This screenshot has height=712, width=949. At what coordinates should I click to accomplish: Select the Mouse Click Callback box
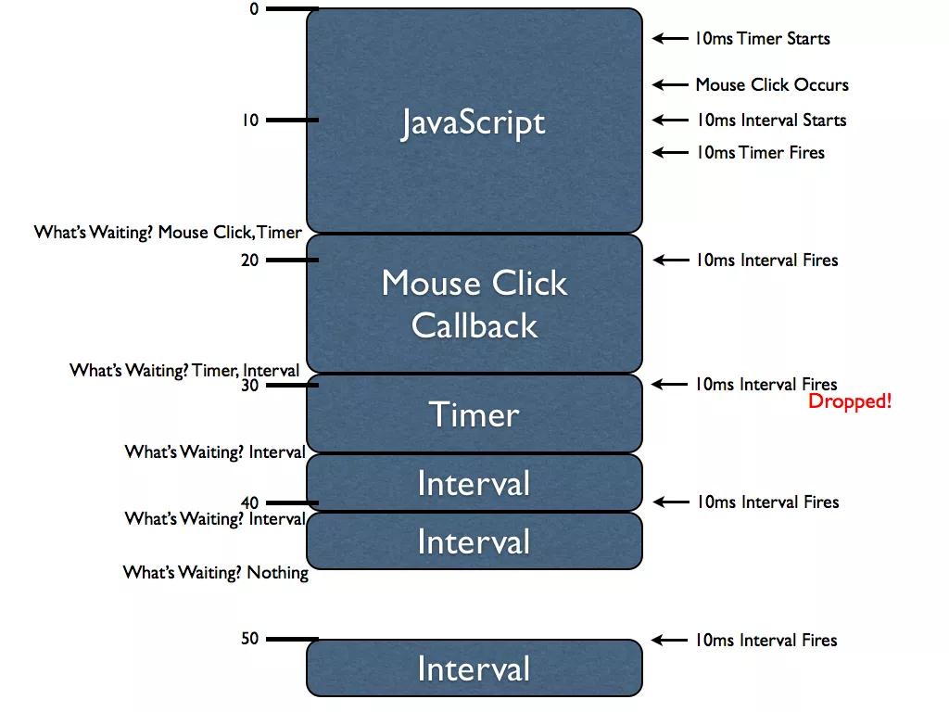point(474,303)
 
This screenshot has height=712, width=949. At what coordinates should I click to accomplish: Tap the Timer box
point(474,414)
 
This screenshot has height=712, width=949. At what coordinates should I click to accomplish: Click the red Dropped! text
point(849,401)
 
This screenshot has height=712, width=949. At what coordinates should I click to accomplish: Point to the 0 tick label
point(254,8)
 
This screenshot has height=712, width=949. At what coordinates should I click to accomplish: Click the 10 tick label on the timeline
point(250,120)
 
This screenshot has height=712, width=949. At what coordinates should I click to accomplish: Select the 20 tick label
point(250,261)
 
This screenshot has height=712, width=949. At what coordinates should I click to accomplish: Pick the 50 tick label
point(250,639)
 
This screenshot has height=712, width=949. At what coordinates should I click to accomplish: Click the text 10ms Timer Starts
point(762,39)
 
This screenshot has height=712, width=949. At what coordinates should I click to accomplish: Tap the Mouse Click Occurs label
point(771,84)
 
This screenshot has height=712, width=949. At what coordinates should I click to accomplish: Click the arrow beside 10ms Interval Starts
point(669,120)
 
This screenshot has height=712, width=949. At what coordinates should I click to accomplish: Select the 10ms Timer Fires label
point(760,152)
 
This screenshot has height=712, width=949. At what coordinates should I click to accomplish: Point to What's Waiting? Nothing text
point(215,573)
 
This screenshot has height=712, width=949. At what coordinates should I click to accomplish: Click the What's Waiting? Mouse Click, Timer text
point(168,232)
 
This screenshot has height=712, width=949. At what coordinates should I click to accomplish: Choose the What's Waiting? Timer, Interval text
point(184,371)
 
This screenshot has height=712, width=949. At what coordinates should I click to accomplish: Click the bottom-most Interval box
point(474,668)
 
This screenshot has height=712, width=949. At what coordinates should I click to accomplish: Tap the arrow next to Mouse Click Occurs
point(669,84)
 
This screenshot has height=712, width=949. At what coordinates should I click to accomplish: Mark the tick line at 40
point(292,503)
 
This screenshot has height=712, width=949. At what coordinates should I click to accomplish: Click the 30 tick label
point(250,386)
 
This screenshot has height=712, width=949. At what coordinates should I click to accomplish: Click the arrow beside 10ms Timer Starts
point(669,39)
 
